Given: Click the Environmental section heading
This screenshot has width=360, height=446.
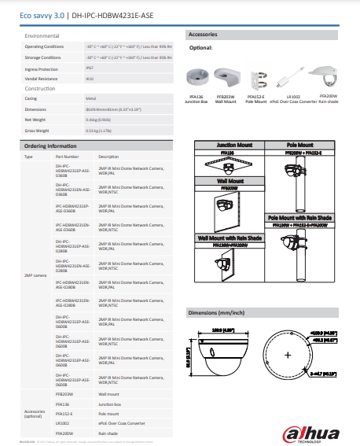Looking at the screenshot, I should pos(42,36).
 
